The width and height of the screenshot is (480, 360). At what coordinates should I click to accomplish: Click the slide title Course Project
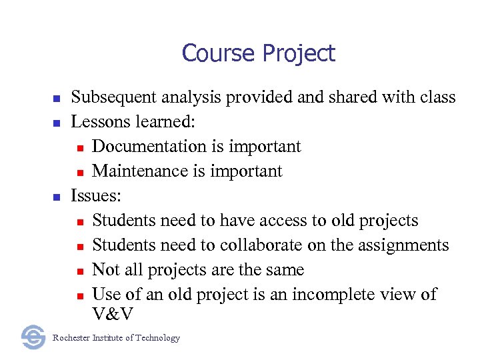coord(258,53)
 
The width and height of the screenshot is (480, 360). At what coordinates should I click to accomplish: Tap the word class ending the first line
coord(437,97)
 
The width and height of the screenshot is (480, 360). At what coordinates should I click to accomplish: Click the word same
coord(285,270)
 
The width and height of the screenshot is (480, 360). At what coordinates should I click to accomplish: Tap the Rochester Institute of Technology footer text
coord(116,338)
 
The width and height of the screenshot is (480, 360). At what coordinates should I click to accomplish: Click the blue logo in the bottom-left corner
coord(33,337)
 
